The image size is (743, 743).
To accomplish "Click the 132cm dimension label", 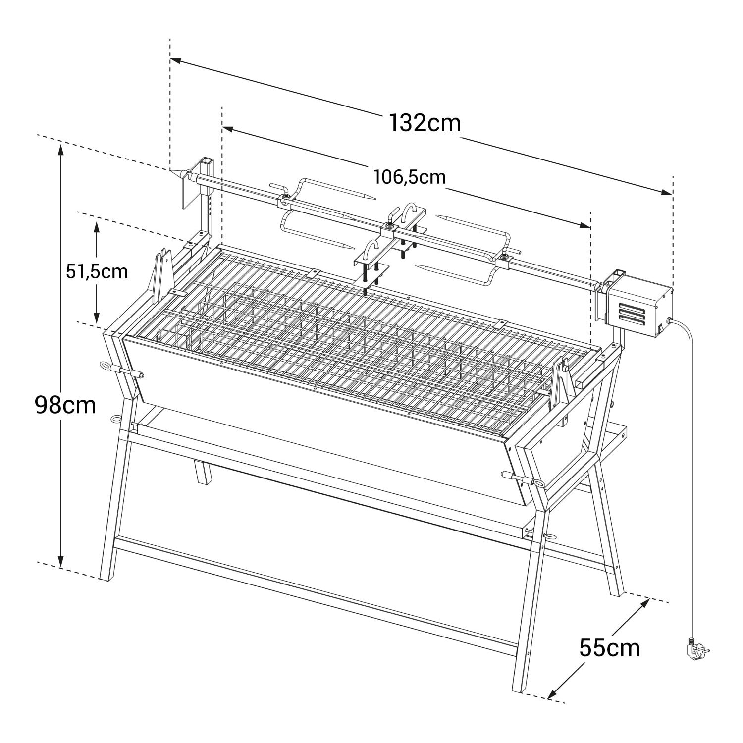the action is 425,123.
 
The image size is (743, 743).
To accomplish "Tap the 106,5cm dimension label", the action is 410,177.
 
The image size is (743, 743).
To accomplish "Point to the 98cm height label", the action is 65,405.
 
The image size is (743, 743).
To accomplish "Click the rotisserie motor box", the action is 639,307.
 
